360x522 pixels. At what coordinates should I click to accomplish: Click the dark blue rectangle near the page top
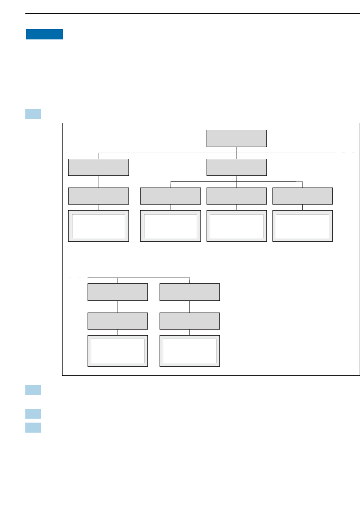[44, 34]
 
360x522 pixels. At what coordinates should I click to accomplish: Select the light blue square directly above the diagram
[33, 114]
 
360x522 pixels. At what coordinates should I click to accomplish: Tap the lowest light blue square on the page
[33, 428]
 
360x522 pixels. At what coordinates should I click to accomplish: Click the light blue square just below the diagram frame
[33, 390]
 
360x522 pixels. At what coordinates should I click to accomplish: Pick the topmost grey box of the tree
[236, 138]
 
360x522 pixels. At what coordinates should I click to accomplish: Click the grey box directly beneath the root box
[236, 167]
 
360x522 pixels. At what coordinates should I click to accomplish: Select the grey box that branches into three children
[236, 167]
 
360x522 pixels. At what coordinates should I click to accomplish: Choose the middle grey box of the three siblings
[236, 196]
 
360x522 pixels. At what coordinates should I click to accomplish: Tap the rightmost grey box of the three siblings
[302, 196]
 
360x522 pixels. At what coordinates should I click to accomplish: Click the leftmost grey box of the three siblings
[171, 196]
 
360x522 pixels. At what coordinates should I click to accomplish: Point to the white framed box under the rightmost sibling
[302, 226]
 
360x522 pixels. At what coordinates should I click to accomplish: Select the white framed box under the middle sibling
[236, 226]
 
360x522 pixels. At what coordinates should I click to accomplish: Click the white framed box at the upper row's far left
[99, 226]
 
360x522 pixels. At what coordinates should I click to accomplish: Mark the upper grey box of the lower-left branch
[117, 292]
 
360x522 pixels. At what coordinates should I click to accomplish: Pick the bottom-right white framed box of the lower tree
[189, 351]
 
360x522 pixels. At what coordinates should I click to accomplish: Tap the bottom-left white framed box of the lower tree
[117, 351]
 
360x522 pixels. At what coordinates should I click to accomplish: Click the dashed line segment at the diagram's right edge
[344, 153]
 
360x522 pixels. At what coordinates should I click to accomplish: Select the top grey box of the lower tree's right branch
[189, 292]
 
